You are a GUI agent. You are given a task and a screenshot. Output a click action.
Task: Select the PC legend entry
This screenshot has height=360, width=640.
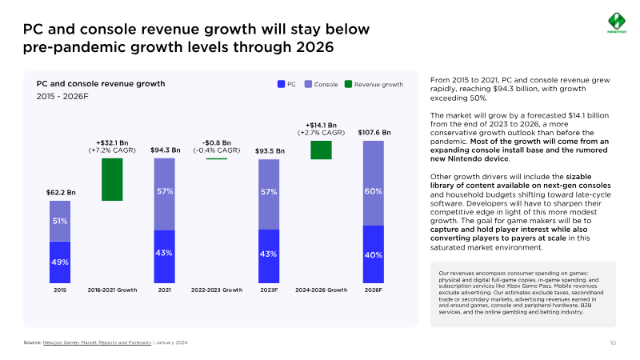[286, 84]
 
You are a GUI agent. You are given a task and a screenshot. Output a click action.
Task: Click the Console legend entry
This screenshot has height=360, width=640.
[321, 84]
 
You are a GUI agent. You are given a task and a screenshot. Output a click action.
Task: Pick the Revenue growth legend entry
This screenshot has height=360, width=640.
[373, 84]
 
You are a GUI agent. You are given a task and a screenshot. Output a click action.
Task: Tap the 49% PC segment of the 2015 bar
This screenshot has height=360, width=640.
[60, 262]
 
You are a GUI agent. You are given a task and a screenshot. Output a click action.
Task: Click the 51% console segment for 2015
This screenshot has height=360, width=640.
[60, 221]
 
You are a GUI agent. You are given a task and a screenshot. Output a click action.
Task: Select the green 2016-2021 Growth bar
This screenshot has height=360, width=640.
[112, 179]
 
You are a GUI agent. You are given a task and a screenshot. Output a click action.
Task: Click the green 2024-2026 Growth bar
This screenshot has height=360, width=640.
[321, 150]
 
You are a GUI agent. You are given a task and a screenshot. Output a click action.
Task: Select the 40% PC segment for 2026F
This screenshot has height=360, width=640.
[373, 254]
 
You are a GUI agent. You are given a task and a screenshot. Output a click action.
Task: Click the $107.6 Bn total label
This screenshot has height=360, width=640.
[374, 132]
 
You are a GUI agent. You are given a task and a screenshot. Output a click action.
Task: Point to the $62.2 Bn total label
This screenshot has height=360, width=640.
[60, 192]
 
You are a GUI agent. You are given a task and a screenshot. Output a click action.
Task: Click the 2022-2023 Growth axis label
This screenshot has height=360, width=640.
[217, 290]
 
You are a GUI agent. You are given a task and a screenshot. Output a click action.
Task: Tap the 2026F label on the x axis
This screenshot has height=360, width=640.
[373, 290]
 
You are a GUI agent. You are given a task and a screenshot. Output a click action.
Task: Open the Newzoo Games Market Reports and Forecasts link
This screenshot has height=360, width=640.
[97, 342]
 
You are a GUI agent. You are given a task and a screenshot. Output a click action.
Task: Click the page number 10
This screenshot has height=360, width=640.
[612, 342]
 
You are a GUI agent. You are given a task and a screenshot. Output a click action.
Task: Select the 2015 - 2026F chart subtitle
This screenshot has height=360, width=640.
[62, 96]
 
